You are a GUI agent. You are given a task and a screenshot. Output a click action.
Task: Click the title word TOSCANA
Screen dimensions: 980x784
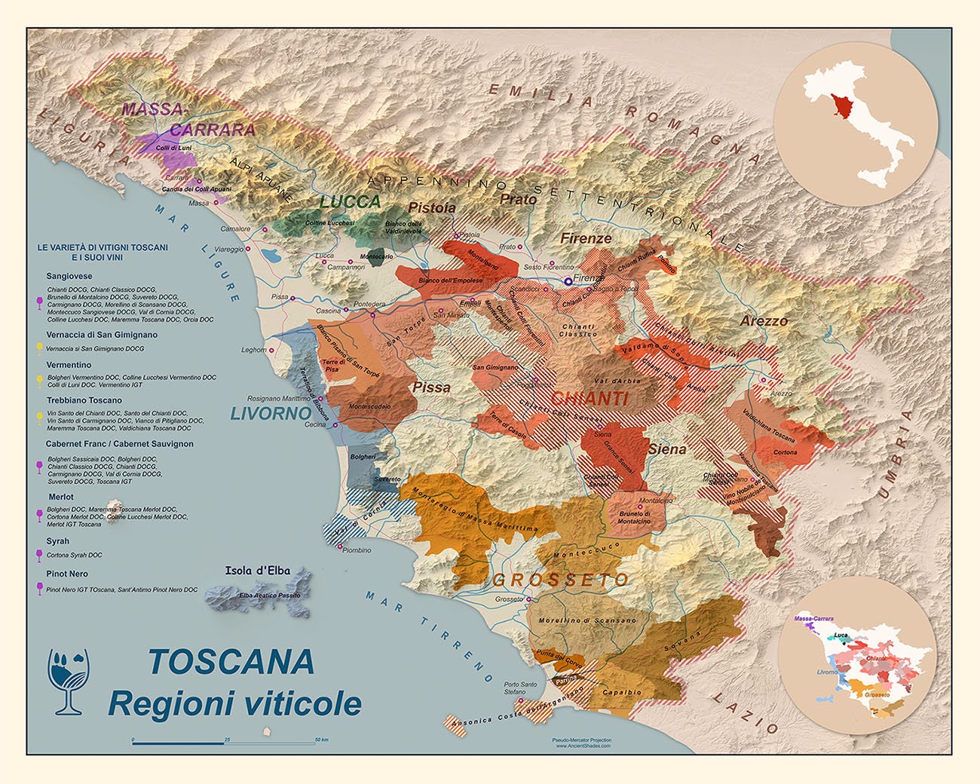(231, 661)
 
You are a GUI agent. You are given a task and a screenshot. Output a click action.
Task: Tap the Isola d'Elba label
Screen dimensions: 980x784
(257, 571)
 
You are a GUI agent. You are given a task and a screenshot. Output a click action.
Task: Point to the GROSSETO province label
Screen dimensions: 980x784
(560, 580)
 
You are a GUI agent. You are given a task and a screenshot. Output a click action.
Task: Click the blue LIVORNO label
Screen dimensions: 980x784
(270, 414)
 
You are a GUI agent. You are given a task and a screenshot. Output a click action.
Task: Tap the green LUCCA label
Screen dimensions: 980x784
(350, 201)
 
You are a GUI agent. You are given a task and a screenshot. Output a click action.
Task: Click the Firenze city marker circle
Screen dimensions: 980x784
(568, 280)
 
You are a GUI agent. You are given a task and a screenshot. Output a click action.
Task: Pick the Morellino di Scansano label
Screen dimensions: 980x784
(586, 620)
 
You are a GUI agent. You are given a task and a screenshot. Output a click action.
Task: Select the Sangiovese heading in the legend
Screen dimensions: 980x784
(69, 276)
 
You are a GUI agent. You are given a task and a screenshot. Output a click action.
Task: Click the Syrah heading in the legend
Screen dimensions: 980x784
(57, 541)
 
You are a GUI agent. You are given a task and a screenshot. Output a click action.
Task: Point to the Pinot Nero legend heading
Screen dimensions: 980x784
(66, 574)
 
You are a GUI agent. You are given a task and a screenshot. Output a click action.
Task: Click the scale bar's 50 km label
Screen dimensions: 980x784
(321, 740)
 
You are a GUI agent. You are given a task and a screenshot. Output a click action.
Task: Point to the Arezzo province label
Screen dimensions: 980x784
(764, 320)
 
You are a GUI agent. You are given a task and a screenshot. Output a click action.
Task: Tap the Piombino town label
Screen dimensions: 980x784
(357, 550)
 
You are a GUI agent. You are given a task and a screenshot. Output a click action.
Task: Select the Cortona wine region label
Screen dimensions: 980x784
(785, 452)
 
